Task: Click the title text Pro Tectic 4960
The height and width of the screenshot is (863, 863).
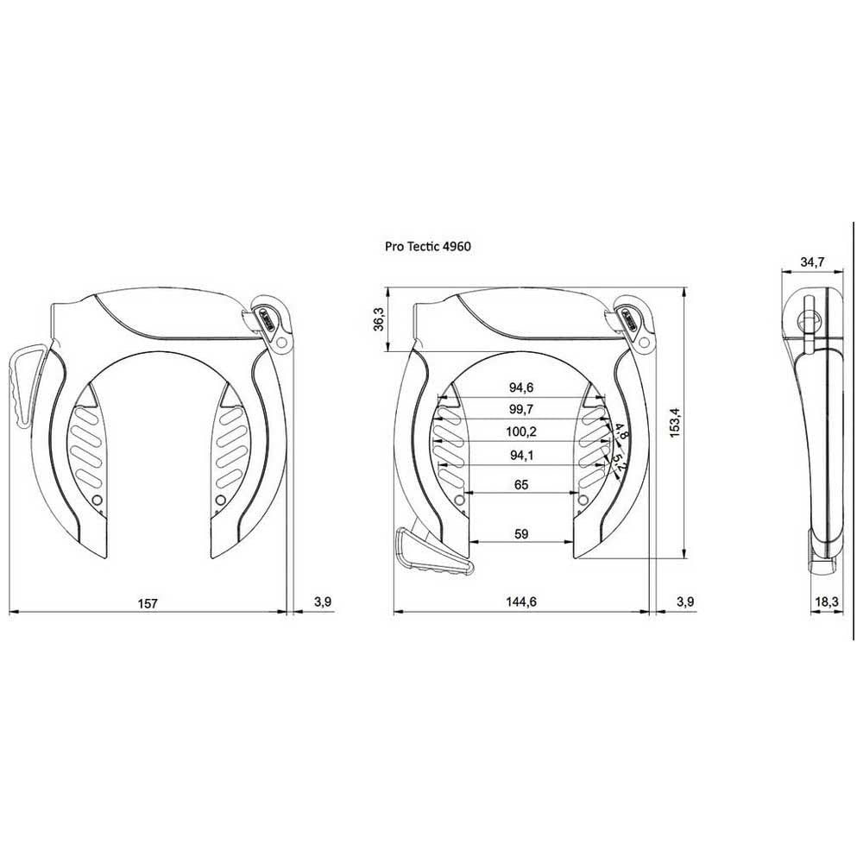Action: [427, 246]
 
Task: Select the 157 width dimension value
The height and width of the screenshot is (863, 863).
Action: [148, 602]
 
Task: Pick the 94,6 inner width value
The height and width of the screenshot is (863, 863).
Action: [520, 387]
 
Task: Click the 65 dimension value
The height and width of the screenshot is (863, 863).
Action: [520, 485]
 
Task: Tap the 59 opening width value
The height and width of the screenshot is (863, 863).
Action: [520, 534]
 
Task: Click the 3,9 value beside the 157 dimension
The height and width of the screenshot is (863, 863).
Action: [322, 602]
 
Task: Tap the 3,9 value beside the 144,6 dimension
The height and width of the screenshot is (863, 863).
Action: [684, 602]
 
